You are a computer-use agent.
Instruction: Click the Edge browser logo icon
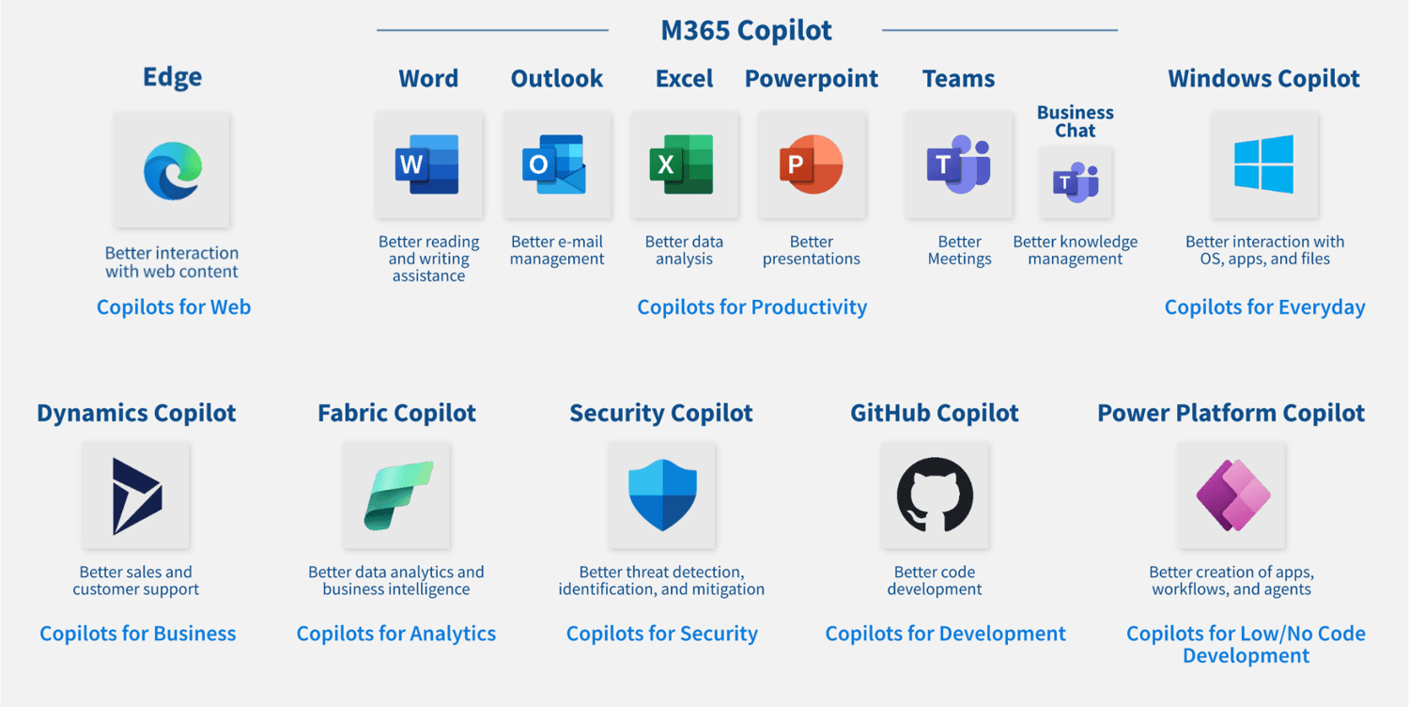(172, 170)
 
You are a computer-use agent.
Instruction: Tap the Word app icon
(428, 165)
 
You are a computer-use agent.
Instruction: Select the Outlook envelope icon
(556, 165)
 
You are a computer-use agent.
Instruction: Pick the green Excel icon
(683, 165)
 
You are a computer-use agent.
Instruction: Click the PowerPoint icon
(811, 165)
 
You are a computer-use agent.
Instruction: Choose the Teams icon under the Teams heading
(958, 165)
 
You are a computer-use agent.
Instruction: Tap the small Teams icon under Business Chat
(1076, 182)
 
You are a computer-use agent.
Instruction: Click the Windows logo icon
(1263, 165)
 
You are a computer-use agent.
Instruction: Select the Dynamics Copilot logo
(136, 495)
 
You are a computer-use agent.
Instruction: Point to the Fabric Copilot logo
(397, 495)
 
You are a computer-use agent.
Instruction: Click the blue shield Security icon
(661, 495)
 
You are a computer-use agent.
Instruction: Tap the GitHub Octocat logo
(935, 495)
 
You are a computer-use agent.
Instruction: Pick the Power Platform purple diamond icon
(1231, 495)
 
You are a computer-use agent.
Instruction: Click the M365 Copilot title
(746, 30)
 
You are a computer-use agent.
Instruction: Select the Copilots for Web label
(174, 306)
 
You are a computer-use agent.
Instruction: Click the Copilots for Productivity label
(751, 306)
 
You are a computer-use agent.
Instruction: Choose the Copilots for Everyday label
(1264, 306)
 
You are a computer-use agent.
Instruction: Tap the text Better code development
(935, 580)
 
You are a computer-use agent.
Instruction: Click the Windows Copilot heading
(1263, 78)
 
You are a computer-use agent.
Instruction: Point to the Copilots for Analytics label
(396, 634)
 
